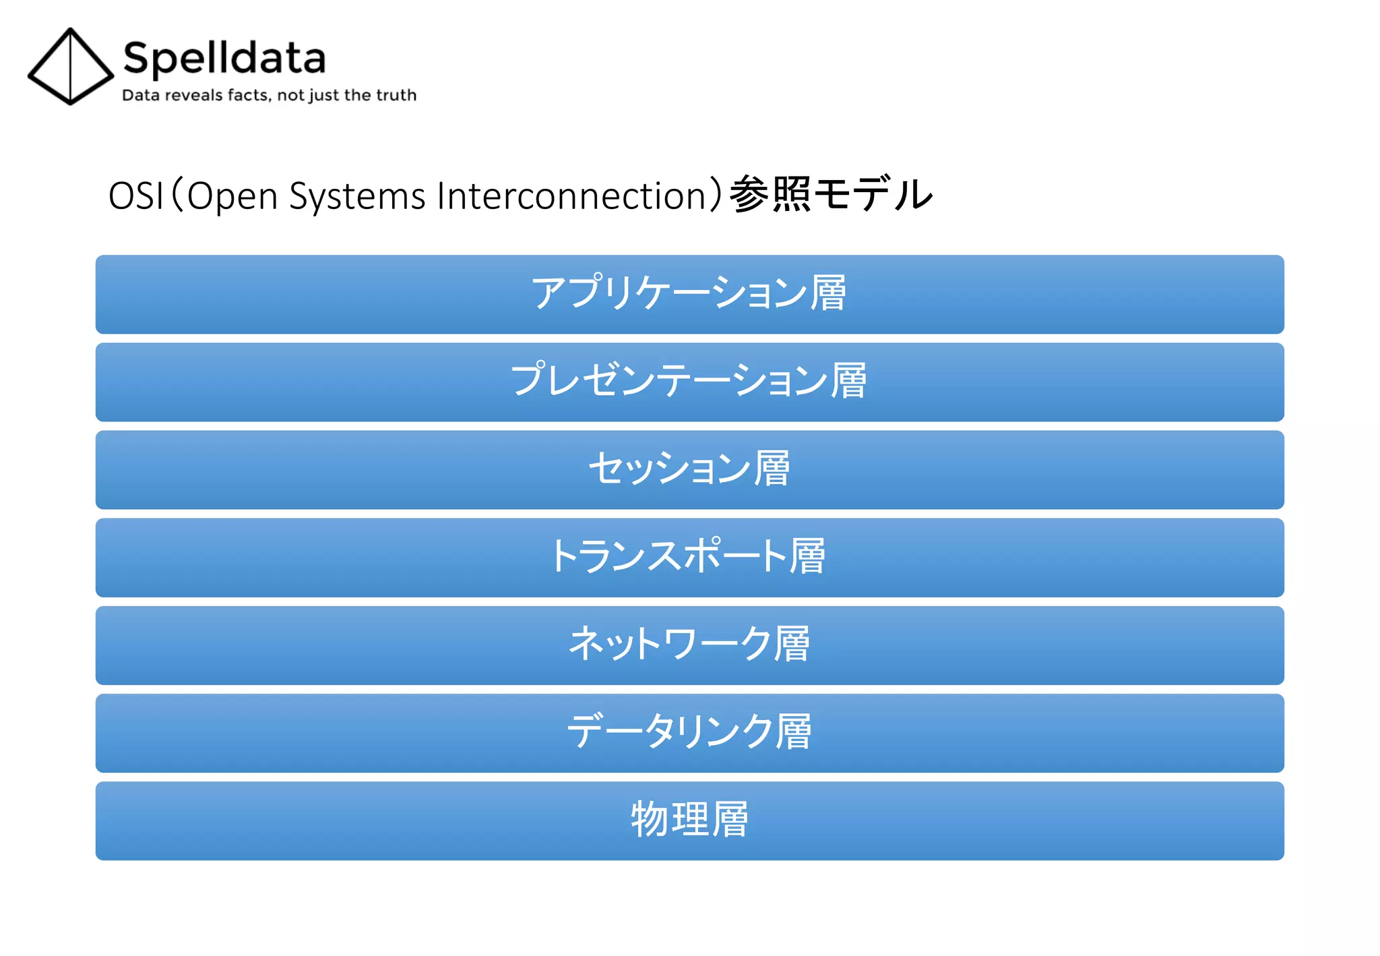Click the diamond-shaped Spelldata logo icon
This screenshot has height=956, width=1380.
pyautogui.click(x=70, y=67)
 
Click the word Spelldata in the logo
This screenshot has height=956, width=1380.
pyautogui.click(x=224, y=58)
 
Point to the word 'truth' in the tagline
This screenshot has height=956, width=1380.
pyautogui.click(x=397, y=95)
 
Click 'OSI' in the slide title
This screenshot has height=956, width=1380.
pyautogui.click(x=135, y=196)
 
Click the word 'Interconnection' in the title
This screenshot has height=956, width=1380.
pyautogui.click(x=571, y=196)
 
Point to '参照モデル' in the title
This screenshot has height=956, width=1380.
pyautogui.click(x=831, y=195)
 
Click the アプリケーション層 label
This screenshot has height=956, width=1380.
pyautogui.click(x=689, y=293)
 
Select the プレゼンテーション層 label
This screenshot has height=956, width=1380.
pyautogui.click(x=689, y=381)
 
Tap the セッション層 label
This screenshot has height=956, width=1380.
pyautogui.click(x=689, y=469)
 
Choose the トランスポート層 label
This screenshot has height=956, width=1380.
pyautogui.click(x=689, y=557)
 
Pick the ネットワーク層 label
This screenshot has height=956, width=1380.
pyautogui.click(x=689, y=645)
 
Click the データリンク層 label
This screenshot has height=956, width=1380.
pyautogui.click(x=689, y=732)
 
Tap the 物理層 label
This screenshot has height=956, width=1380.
pyautogui.click(x=689, y=820)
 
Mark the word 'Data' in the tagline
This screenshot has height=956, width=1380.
pyautogui.click(x=141, y=95)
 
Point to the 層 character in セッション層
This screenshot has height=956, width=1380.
pyautogui.click(x=772, y=469)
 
